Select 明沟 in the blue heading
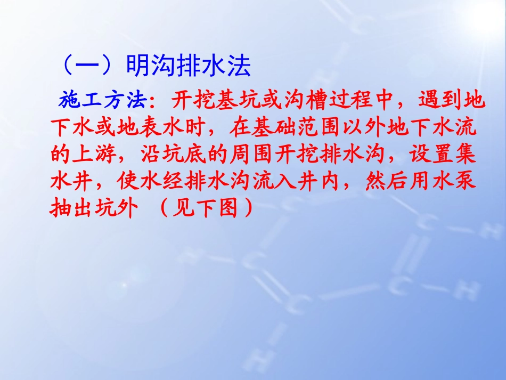click(x=150, y=68)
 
